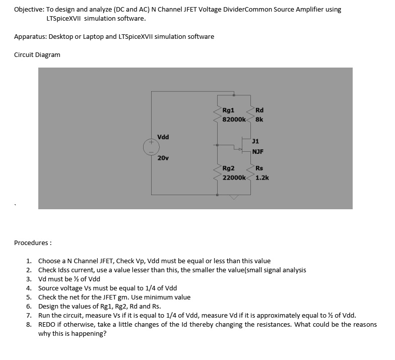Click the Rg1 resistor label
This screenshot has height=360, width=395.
pyautogui.click(x=228, y=110)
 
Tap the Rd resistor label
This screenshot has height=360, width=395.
pyautogui.click(x=259, y=110)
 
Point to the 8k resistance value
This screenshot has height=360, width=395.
pyautogui.click(x=259, y=120)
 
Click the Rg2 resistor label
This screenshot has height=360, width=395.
pyautogui.click(x=228, y=168)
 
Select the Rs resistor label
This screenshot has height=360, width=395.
pyautogui.click(x=259, y=168)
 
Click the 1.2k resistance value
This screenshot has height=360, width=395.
pyautogui.click(x=262, y=177)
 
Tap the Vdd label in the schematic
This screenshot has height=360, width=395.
pyautogui.click(x=163, y=137)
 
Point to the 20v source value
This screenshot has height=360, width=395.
pyautogui.click(x=163, y=158)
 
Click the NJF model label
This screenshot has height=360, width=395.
pyautogui.click(x=258, y=151)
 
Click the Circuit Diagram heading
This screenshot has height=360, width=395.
pyautogui.click(x=37, y=54)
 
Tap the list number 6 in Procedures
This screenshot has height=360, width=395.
pyautogui.click(x=29, y=307)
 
